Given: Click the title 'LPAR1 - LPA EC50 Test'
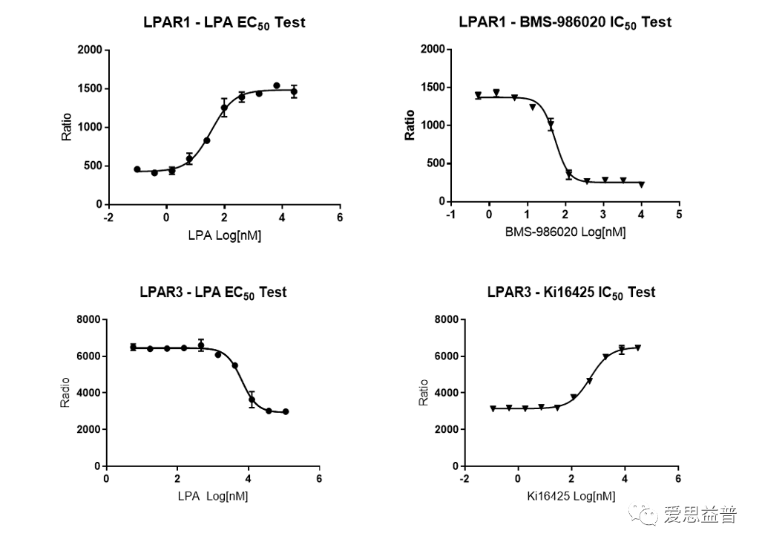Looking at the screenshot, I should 224,22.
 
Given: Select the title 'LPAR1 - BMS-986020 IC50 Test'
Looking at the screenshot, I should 565,22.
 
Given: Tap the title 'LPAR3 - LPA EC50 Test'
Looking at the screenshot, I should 213,293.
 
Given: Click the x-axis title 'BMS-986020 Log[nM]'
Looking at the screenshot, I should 565,232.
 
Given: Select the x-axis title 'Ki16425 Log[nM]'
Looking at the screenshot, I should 571,496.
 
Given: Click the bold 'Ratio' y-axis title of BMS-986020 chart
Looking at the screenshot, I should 410,125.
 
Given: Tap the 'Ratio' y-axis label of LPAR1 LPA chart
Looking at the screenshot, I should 67,127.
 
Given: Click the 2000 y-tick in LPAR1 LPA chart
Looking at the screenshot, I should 89,50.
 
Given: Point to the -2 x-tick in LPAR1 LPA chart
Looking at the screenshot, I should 108,218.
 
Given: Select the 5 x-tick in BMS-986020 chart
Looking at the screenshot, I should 679,215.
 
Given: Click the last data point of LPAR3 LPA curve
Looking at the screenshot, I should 286,411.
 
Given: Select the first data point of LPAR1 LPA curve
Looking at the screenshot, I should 137,169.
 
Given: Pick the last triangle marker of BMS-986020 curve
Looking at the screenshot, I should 641,185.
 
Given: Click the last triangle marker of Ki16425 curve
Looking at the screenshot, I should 637,348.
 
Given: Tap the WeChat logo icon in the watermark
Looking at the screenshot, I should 643,514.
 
